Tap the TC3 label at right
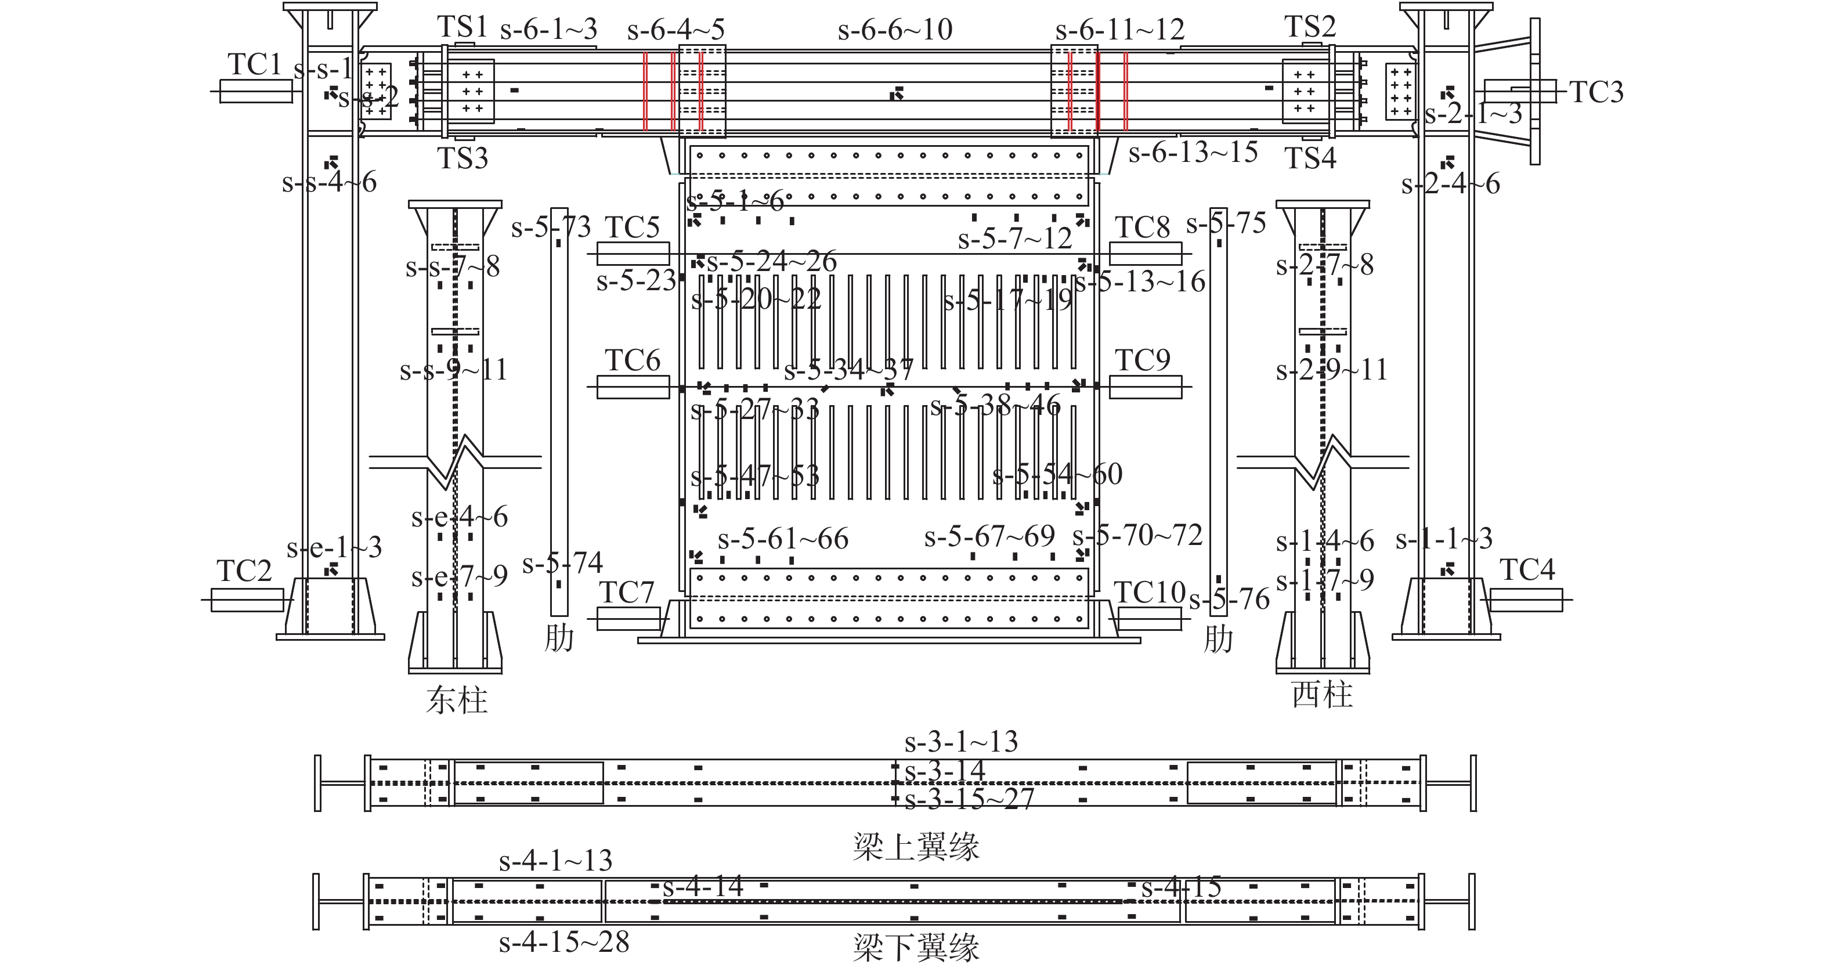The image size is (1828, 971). (x=1596, y=92)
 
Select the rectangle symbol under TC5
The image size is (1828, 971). (x=633, y=254)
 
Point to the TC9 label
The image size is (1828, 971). (x=1143, y=360)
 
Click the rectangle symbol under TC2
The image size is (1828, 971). (x=247, y=600)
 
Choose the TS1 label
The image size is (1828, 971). (x=462, y=27)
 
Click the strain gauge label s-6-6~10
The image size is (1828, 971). (x=895, y=30)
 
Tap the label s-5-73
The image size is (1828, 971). (x=551, y=227)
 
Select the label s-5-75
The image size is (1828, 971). (x=1226, y=223)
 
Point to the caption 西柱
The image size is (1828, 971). (x=1322, y=694)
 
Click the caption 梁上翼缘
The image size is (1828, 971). (x=915, y=847)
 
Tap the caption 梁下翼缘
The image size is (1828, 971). (x=915, y=948)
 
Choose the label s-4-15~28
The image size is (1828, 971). (x=564, y=943)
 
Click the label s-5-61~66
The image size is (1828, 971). (x=783, y=539)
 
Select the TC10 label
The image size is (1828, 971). (x=1150, y=592)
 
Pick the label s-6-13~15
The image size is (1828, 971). (x=1193, y=153)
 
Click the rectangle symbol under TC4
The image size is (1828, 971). (x=1526, y=600)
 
